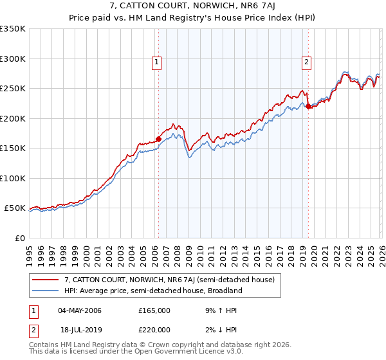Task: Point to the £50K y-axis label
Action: coord(14,208)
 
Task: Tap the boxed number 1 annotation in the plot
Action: coord(158,62)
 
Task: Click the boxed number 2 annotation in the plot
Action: coord(307,62)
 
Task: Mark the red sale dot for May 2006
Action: coord(158,139)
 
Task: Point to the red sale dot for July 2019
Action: coord(308,107)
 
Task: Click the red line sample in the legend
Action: coord(46,280)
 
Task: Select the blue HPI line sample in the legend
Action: coord(46,291)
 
